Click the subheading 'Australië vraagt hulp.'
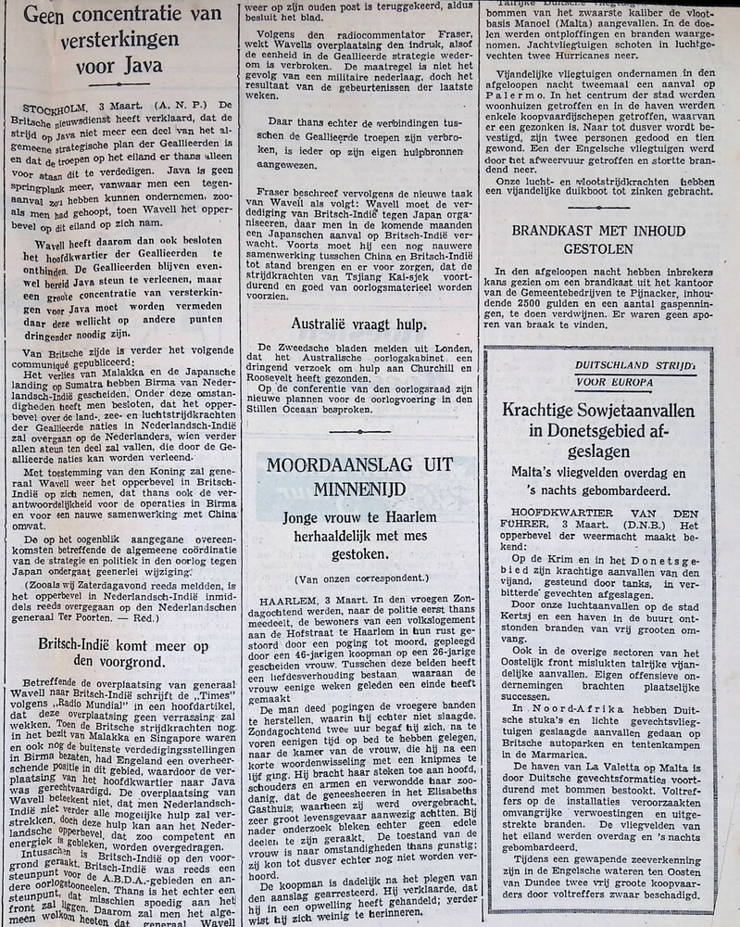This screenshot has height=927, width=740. [358, 324]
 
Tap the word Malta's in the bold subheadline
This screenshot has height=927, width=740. [536, 472]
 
